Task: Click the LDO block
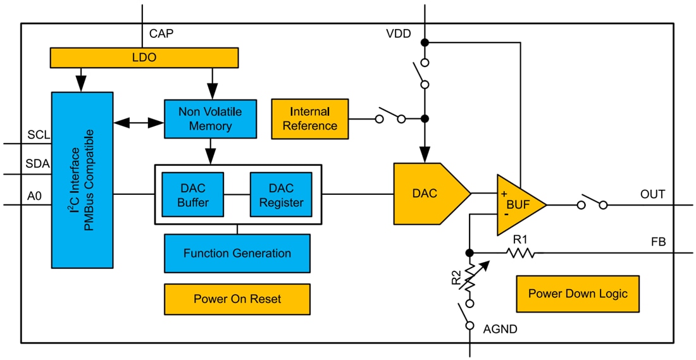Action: click(144, 58)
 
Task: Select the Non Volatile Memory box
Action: click(210, 119)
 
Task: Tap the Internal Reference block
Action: click(309, 119)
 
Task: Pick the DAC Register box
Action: click(281, 195)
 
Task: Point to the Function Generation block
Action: click(237, 253)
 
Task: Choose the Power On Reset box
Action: click(237, 299)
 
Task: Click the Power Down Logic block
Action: click(578, 294)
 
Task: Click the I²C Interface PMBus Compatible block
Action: click(82, 180)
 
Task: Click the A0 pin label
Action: click(35, 196)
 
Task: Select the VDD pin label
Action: click(399, 34)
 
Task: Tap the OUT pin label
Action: click(652, 194)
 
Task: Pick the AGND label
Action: click(500, 329)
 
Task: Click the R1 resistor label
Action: click(520, 240)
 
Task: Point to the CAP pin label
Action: click(162, 33)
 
